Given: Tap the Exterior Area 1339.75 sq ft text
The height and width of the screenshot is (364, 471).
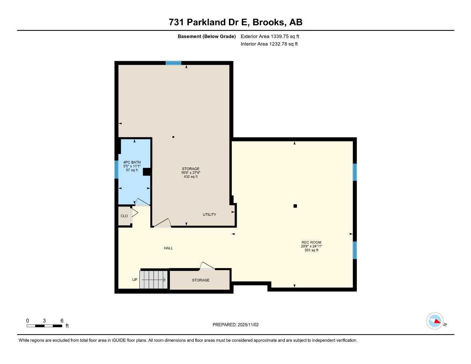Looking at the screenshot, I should click(270, 36).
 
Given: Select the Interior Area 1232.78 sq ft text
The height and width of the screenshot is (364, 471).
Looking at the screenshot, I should click(269, 44).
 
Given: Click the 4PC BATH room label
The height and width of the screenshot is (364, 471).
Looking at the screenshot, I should click(132, 162).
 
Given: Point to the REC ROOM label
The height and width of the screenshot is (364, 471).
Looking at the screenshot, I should click(311, 242).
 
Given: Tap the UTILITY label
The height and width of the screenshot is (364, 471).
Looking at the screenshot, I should click(209, 215).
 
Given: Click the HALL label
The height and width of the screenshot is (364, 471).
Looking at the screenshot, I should click(168, 248).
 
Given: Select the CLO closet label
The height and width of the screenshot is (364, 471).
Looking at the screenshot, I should click(124, 216).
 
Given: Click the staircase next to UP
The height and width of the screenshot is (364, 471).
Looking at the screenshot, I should click(154, 280).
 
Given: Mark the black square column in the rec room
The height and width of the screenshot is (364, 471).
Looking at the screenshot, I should click(295, 206).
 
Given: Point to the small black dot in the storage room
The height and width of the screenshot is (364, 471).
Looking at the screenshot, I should click(173, 137).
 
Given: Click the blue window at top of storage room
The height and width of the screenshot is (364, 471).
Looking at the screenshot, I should click(173, 63).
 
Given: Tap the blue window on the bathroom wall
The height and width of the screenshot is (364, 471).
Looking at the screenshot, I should click(116, 170).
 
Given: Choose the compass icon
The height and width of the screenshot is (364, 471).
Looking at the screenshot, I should click(435, 321).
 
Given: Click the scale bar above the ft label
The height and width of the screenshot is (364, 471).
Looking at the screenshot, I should click(44, 326).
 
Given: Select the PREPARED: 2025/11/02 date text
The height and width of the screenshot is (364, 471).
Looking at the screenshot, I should click(236, 325).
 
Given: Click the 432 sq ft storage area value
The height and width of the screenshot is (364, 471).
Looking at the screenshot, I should click(191, 177).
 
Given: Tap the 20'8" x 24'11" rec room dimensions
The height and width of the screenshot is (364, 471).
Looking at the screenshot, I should click(311, 246).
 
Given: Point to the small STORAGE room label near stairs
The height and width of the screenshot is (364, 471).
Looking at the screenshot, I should click(201, 280).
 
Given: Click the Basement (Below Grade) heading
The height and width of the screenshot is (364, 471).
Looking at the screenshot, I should click(207, 36).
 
